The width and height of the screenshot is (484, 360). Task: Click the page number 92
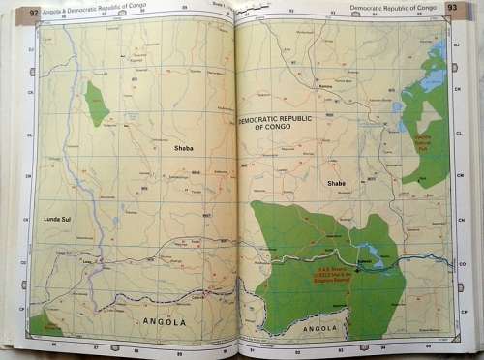click(x=34, y=13)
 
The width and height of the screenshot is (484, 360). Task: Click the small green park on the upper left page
click(x=97, y=104)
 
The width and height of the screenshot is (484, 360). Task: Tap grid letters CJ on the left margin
click(x=30, y=48)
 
